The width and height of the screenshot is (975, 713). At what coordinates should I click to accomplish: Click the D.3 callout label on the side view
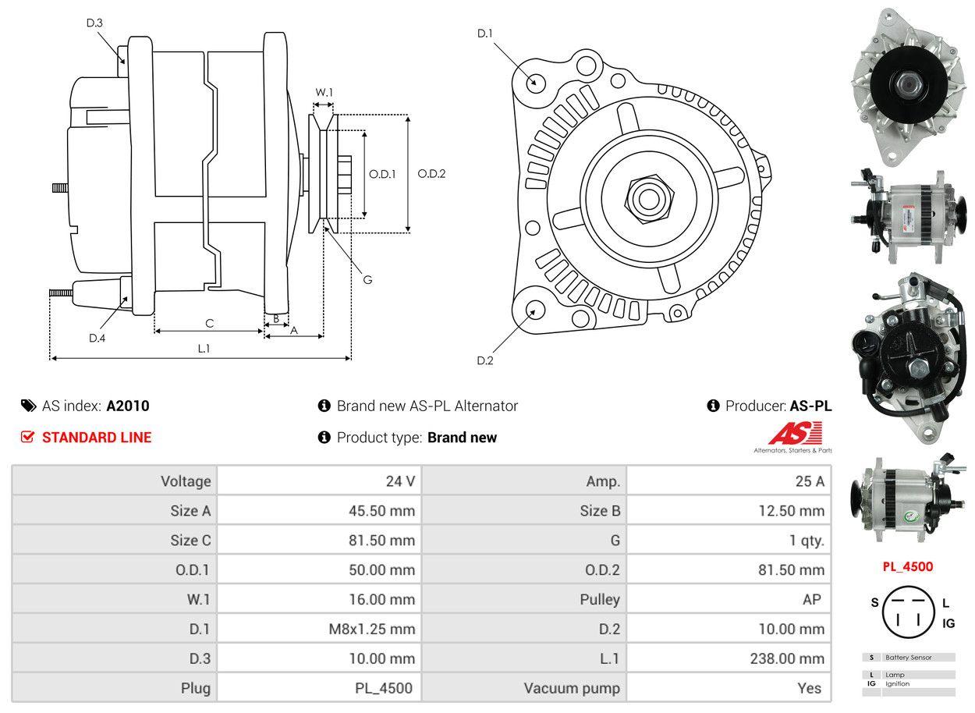click(x=94, y=23)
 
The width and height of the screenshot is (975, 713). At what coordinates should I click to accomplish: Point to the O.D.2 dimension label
click(x=431, y=174)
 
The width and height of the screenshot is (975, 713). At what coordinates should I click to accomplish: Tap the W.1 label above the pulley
click(x=324, y=92)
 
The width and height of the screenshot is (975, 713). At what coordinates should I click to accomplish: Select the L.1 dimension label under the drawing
click(x=204, y=349)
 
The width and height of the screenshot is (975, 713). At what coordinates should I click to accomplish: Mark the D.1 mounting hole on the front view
click(x=535, y=82)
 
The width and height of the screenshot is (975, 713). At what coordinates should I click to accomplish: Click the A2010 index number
click(x=128, y=406)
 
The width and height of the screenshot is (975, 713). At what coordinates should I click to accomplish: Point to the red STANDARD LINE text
click(x=97, y=438)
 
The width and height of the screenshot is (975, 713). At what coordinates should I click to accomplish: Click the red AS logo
click(x=795, y=434)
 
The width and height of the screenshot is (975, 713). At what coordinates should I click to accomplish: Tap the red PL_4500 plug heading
click(x=907, y=567)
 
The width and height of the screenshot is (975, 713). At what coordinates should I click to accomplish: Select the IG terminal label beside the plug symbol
click(x=948, y=623)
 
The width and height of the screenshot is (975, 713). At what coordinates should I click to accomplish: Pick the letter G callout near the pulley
click(x=367, y=279)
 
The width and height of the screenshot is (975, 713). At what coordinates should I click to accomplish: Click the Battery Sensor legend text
click(x=908, y=658)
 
